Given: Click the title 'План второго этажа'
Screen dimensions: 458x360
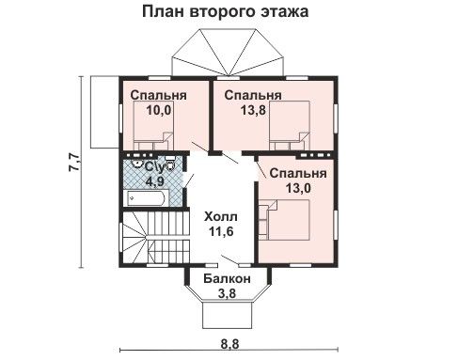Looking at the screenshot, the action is pos(226,11).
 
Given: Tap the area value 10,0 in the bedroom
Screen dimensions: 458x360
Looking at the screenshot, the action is pos(159,110).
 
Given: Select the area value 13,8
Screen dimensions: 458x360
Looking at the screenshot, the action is pos(253,110).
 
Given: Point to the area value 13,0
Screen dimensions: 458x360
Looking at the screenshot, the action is pos(298,188).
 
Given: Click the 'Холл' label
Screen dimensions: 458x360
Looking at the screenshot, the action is pos(221,216).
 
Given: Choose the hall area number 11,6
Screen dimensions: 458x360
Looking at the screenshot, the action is pos(221,231).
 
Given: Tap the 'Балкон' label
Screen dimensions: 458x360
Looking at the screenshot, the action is pos(227,278).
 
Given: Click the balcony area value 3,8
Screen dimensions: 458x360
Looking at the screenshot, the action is pos(227,294).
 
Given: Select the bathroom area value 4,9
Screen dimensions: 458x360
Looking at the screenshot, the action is pos(155,181).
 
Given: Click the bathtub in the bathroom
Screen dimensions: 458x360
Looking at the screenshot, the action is pos(147,198).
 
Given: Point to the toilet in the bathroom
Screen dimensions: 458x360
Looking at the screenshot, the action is pos(169,162).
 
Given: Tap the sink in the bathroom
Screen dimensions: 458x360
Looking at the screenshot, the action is pos(137,164).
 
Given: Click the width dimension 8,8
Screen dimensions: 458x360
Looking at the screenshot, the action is pos(229,344).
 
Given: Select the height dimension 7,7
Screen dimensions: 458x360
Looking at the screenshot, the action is pos(74,162).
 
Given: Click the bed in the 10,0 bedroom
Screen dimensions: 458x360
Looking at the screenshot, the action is pos(153,126).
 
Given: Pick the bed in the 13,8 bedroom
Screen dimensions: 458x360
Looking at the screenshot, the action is pos(290,126).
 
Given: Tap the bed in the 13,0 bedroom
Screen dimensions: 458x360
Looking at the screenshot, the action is pos(284,220).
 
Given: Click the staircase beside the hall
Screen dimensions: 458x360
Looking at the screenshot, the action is pos(156,239).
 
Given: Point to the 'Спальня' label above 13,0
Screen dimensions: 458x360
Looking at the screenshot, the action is pos(298,173).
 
